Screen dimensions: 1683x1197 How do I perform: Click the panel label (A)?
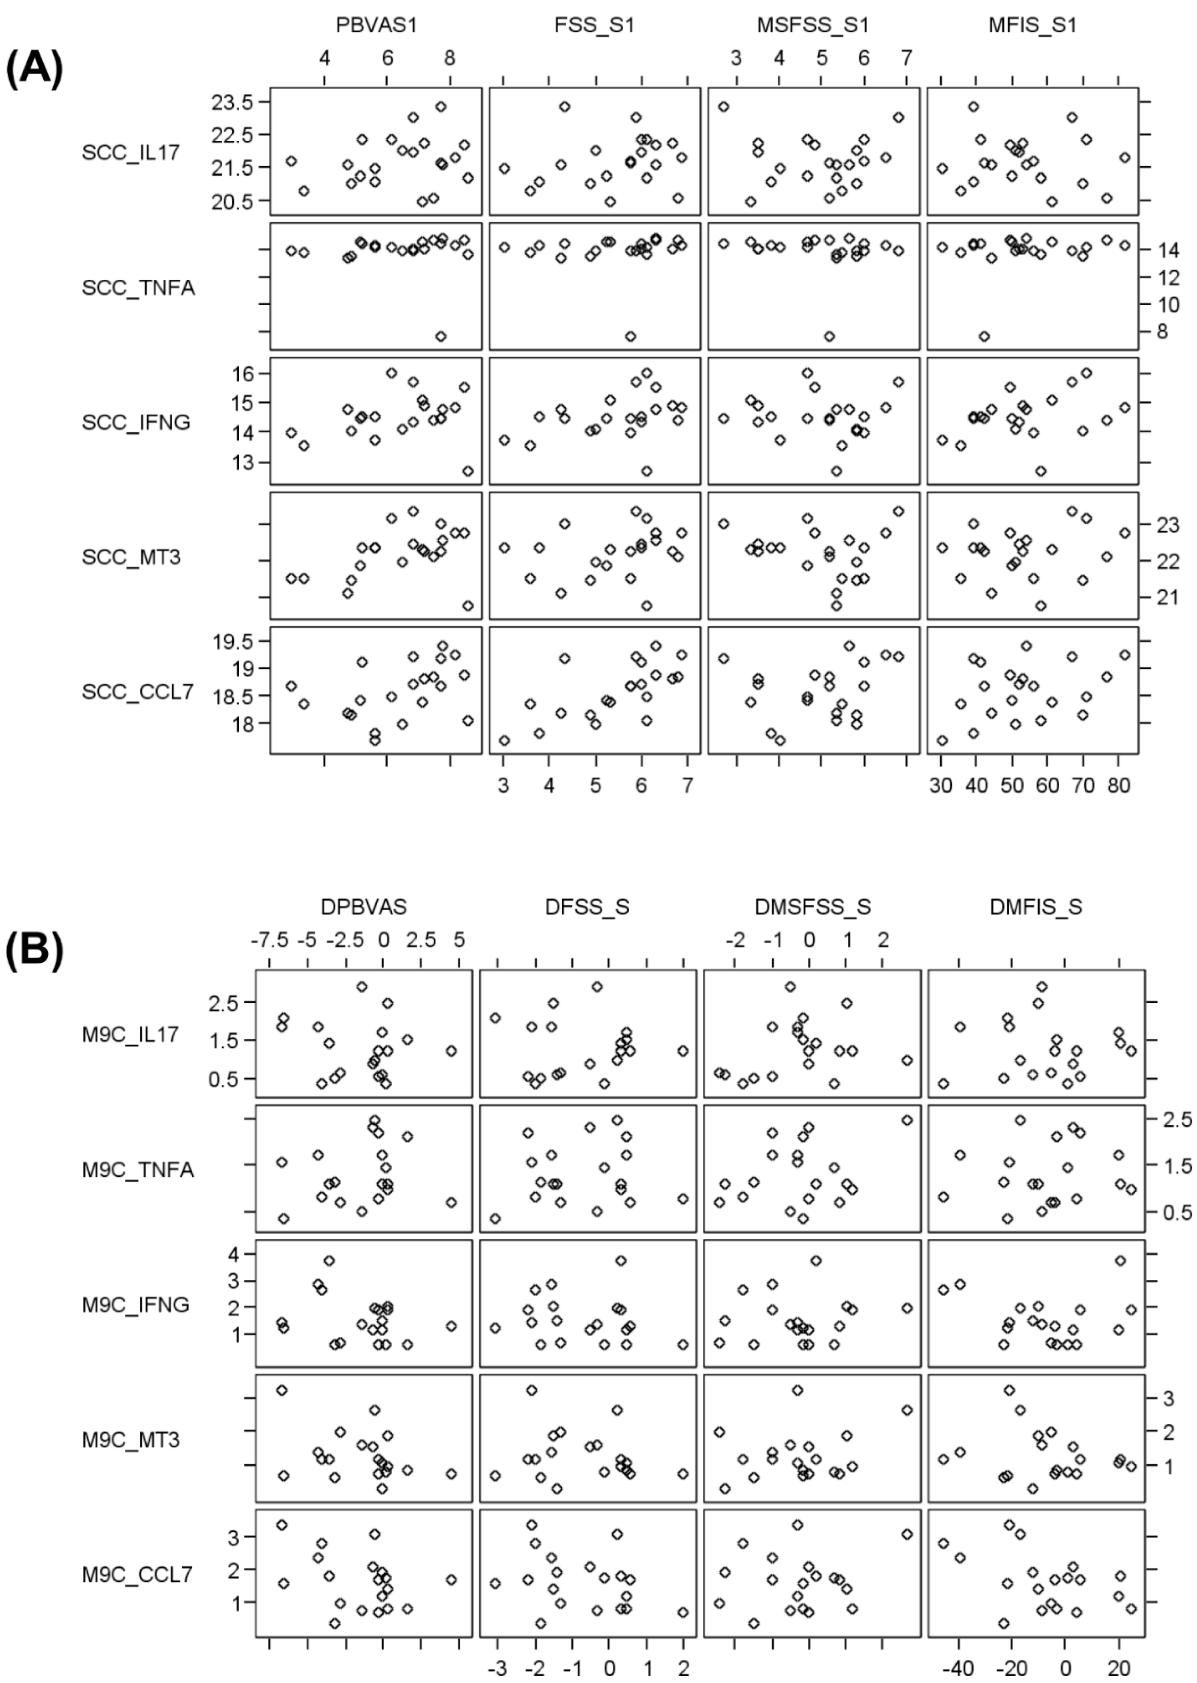point(34,70)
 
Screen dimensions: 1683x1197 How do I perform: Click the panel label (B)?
point(34,951)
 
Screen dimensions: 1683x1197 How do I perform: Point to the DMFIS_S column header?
point(1035,907)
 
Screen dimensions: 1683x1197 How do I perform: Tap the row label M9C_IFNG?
point(136,1305)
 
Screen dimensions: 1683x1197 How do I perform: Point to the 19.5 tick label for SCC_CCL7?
point(232,642)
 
